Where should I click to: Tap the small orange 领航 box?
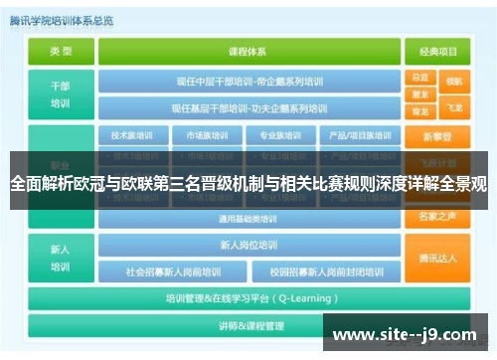(454, 80)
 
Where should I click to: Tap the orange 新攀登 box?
(436, 136)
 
